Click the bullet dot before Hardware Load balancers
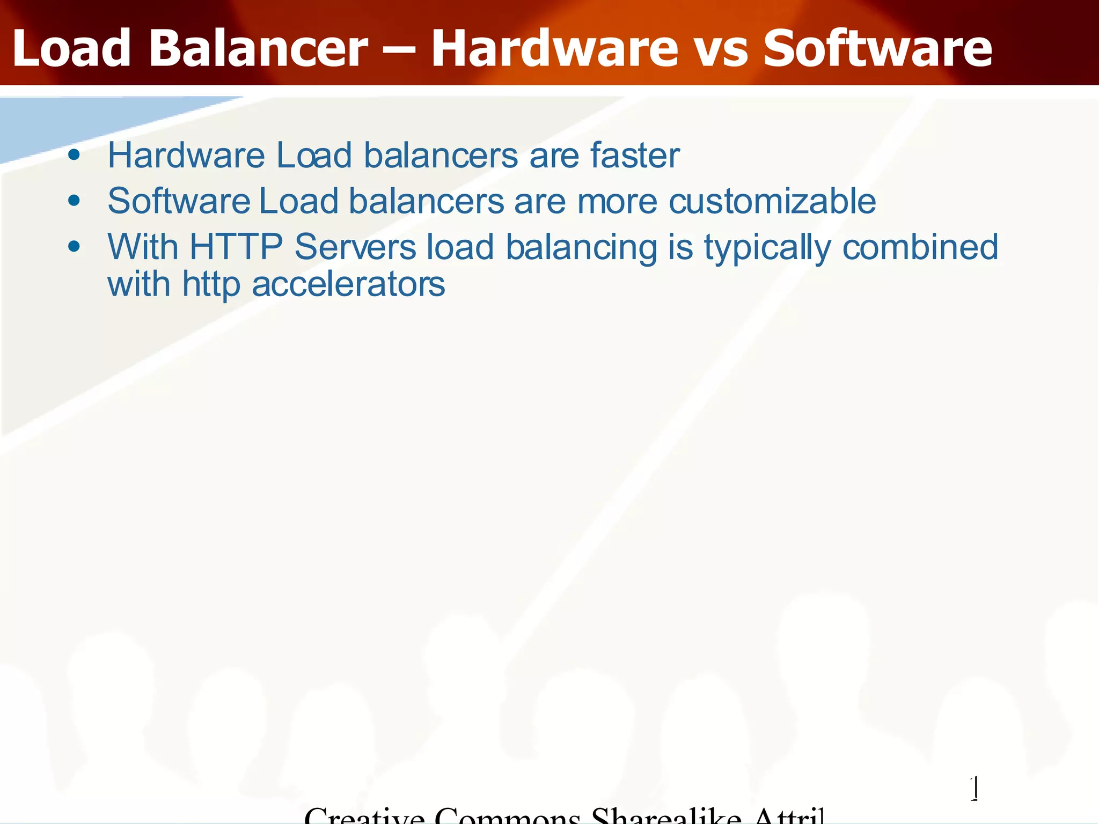74,156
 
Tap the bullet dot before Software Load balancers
74,201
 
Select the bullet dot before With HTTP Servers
74,247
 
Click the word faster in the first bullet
635,155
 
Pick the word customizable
772,201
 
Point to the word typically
767,248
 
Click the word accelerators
348,284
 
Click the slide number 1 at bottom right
975,788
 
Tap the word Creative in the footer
364,816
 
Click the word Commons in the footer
507,816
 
